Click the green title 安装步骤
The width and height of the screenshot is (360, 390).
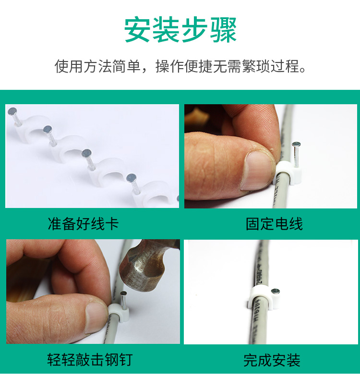coord(180,30)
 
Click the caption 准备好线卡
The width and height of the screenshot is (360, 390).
coord(84,224)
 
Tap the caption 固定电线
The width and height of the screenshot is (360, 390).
coord(274,224)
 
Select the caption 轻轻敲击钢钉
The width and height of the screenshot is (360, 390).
coord(90,359)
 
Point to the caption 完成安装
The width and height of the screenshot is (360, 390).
coord(272,360)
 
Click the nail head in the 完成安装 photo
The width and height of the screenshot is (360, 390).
coord(275,291)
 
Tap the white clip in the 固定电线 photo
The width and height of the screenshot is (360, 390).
coord(288,173)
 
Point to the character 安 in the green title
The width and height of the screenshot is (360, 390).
coord(137,30)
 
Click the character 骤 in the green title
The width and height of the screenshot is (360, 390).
coord(223,30)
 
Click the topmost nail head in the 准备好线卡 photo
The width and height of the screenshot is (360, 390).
coord(12,111)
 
